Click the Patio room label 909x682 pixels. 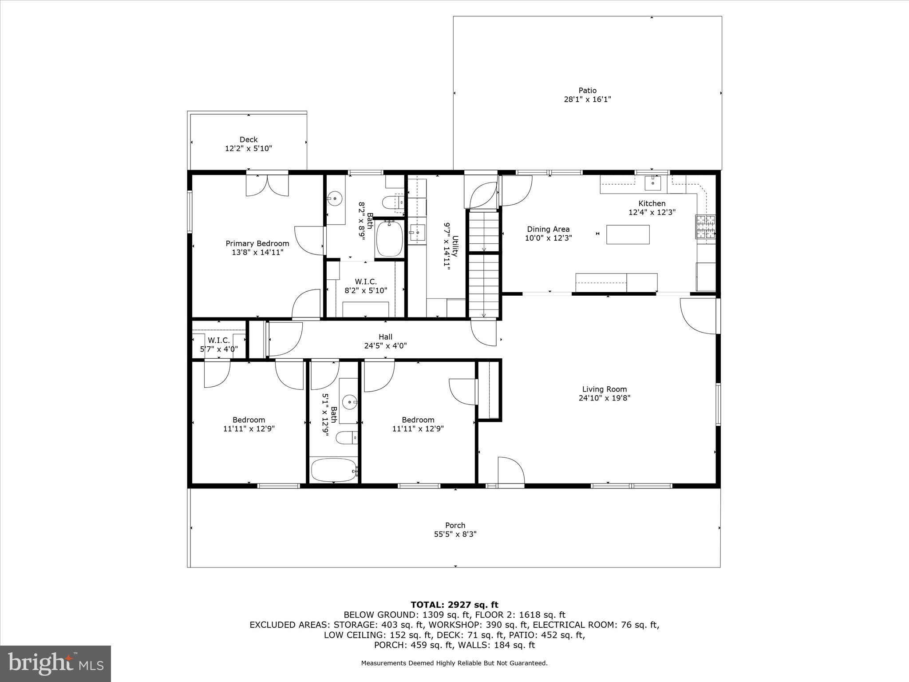click(x=587, y=91)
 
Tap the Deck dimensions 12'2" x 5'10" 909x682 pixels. click(x=248, y=149)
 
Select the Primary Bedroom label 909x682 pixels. click(x=257, y=243)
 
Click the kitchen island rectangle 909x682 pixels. click(x=628, y=234)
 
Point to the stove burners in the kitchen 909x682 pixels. click(x=705, y=227)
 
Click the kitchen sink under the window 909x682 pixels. click(x=652, y=182)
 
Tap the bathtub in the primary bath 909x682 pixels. click(x=389, y=238)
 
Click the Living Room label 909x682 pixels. click(x=604, y=389)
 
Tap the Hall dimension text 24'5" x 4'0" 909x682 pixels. click(x=385, y=346)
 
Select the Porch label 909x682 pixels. click(x=455, y=525)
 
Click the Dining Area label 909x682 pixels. click(x=548, y=229)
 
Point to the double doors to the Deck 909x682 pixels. click(x=267, y=185)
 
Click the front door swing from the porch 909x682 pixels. click(x=510, y=472)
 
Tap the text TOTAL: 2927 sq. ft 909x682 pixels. click(x=454, y=605)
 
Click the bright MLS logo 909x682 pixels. click(x=55, y=664)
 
